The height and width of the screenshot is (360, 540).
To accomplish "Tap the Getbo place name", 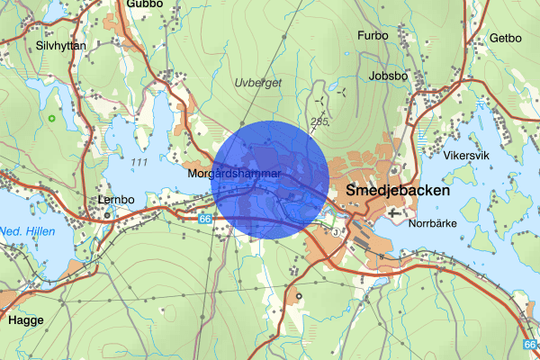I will [505, 38].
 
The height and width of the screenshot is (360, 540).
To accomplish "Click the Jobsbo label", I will [388, 76].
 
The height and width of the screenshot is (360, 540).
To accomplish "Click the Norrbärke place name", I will [435, 222].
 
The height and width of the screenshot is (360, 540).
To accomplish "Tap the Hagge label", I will [25, 319].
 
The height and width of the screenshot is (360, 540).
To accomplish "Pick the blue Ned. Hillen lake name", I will [27, 231].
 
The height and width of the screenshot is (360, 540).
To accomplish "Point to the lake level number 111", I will [139, 160].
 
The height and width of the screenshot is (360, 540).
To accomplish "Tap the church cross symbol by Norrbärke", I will [397, 213].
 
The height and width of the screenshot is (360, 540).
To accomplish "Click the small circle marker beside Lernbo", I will [107, 215].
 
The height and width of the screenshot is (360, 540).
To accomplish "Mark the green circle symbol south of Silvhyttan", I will [52, 118].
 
